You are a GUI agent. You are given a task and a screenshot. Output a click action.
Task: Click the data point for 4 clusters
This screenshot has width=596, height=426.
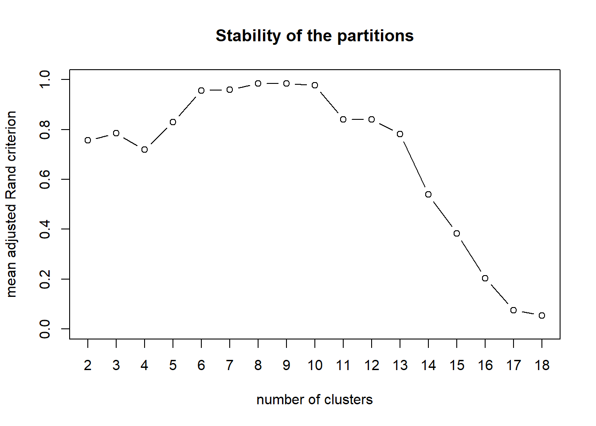click(x=145, y=150)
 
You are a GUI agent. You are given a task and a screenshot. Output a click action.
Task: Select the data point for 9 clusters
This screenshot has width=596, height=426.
click(x=286, y=83)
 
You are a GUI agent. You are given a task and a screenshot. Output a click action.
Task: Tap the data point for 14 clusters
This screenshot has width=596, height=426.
click(x=428, y=194)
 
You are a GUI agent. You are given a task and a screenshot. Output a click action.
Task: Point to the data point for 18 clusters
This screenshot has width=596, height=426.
click(x=542, y=316)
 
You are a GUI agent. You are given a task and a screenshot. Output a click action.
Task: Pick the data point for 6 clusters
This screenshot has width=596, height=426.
click(x=201, y=91)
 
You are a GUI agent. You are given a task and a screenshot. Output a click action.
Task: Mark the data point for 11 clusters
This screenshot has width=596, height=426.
click(x=343, y=119)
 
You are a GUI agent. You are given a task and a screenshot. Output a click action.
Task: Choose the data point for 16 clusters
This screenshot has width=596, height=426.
click(x=485, y=278)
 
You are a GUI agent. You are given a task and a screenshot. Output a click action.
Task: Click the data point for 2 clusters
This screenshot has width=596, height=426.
click(x=88, y=140)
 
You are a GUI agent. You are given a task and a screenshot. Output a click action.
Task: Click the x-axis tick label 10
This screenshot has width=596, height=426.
click(x=315, y=365)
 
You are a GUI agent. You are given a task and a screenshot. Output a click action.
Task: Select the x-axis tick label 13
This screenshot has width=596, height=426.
click(x=400, y=365)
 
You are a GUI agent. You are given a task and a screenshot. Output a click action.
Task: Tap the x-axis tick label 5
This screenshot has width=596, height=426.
click(x=173, y=365)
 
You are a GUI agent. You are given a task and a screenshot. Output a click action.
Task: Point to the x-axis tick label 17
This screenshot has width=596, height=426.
click(x=514, y=365)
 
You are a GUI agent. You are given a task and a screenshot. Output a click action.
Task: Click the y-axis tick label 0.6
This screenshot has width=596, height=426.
click(x=45, y=179)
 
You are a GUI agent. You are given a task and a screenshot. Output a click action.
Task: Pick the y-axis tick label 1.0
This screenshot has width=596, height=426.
click(x=45, y=79)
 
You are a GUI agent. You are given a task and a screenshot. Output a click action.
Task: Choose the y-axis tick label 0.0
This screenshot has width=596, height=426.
click(x=45, y=329)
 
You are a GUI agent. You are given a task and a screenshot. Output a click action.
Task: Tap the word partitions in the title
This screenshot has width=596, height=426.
click(x=375, y=36)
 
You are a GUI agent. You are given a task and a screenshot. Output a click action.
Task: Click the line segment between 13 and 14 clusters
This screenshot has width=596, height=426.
click(x=414, y=164)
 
